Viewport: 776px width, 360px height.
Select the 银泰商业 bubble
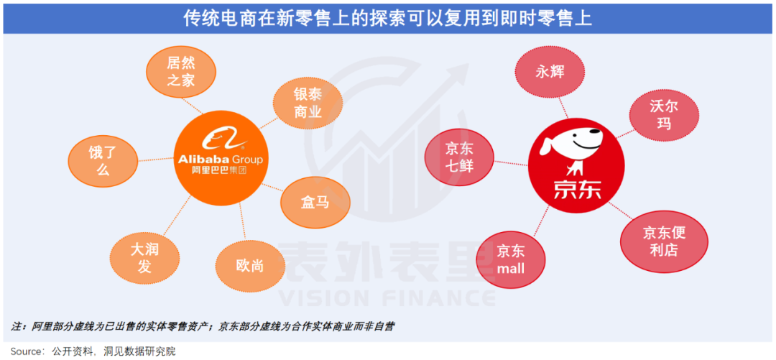[x=308, y=103]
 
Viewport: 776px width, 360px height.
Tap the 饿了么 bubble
[x=102, y=160]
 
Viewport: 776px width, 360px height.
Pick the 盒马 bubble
[x=315, y=202]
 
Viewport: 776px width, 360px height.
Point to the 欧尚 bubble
[x=250, y=267]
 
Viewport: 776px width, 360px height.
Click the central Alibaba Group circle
[x=219, y=159]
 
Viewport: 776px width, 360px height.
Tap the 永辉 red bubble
[x=550, y=72]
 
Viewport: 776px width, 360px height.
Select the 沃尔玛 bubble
[x=663, y=114]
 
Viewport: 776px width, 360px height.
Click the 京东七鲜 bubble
[x=459, y=157]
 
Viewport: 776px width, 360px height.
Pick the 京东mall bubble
[x=511, y=259]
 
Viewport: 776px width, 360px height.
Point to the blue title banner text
[x=388, y=17]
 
